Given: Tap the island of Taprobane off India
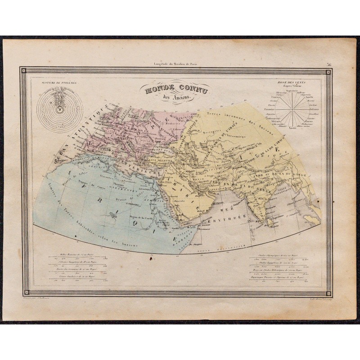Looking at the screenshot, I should click(271, 221).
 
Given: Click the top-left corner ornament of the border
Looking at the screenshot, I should click(25, 71).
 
